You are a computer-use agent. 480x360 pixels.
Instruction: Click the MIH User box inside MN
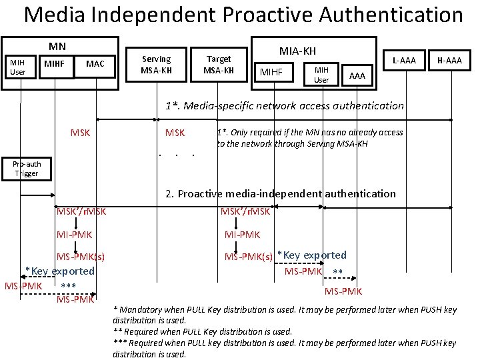click(x=17, y=67)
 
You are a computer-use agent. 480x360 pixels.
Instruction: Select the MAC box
click(x=95, y=64)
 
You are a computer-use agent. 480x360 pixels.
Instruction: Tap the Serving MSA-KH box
click(x=157, y=65)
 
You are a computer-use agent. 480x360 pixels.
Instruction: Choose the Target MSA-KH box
click(x=219, y=65)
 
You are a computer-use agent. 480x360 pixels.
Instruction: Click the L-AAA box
click(x=404, y=61)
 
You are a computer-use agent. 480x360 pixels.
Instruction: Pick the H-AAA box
click(x=449, y=61)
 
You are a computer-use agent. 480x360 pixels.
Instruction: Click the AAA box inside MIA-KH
click(x=357, y=76)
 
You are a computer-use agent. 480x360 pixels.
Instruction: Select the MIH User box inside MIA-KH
click(x=321, y=74)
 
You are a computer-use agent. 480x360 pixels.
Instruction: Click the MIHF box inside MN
click(x=53, y=64)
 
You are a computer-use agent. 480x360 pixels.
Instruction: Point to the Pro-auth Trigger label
click(x=27, y=169)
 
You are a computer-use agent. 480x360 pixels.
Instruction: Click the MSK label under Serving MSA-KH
click(x=175, y=133)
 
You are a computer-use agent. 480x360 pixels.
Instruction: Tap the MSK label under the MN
click(x=80, y=133)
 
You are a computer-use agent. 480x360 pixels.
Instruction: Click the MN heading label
click(x=57, y=46)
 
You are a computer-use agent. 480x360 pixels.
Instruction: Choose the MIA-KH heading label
click(x=297, y=51)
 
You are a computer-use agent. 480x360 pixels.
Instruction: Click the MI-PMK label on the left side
click(x=74, y=234)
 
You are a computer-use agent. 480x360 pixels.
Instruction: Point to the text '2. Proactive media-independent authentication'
click(x=280, y=193)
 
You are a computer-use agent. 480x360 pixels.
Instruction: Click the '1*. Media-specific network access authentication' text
click(x=285, y=105)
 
